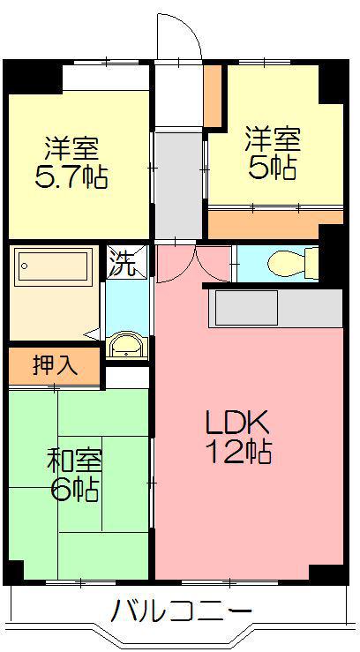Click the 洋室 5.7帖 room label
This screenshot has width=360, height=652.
[x=72, y=162]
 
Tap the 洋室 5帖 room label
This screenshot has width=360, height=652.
[x=273, y=153]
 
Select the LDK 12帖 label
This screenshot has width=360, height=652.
[x=237, y=436]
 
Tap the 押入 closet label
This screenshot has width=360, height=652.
[x=54, y=364]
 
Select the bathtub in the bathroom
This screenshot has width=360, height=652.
[x=55, y=266]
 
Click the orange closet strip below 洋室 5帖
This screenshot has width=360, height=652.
[x=274, y=221]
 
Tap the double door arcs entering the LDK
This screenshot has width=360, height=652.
[x=194, y=260]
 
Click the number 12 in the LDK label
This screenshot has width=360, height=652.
[x=224, y=452]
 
